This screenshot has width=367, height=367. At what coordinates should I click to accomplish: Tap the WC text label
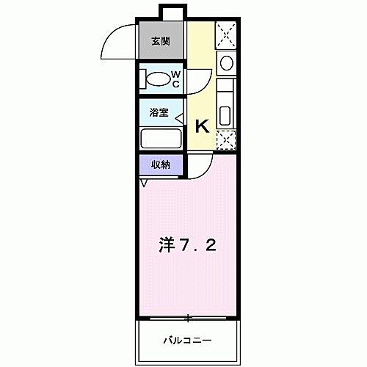pyautogui.click(x=175, y=79)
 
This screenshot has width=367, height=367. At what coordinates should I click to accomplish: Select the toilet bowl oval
pyautogui.click(x=156, y=79)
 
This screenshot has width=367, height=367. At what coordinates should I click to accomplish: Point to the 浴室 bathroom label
pyautogui.click(x=160, y=114)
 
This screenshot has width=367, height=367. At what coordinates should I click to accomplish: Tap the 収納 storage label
pyautogui.click(x=161, y=165)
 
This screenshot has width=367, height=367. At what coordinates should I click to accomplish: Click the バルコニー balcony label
pyautogui.click(x=187, y=340)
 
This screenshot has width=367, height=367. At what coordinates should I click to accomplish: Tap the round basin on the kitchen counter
pyautogui.click(x=226, y=62)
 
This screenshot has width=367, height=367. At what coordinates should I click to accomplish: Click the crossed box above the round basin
pyautogui.click(x=226, y=34)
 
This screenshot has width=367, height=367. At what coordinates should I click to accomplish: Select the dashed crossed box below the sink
pyautogui.click(x=225, y=139)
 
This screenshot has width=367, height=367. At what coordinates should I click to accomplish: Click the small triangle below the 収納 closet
pyautogui.click(x=143, y=183)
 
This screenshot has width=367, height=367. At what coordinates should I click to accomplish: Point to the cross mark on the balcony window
pyautogui.click(x=188, y=318)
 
